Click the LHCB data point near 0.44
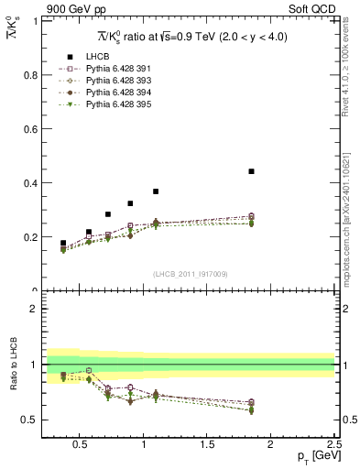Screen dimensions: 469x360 coord(251,171)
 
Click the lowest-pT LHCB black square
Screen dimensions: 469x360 coord(62,244)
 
